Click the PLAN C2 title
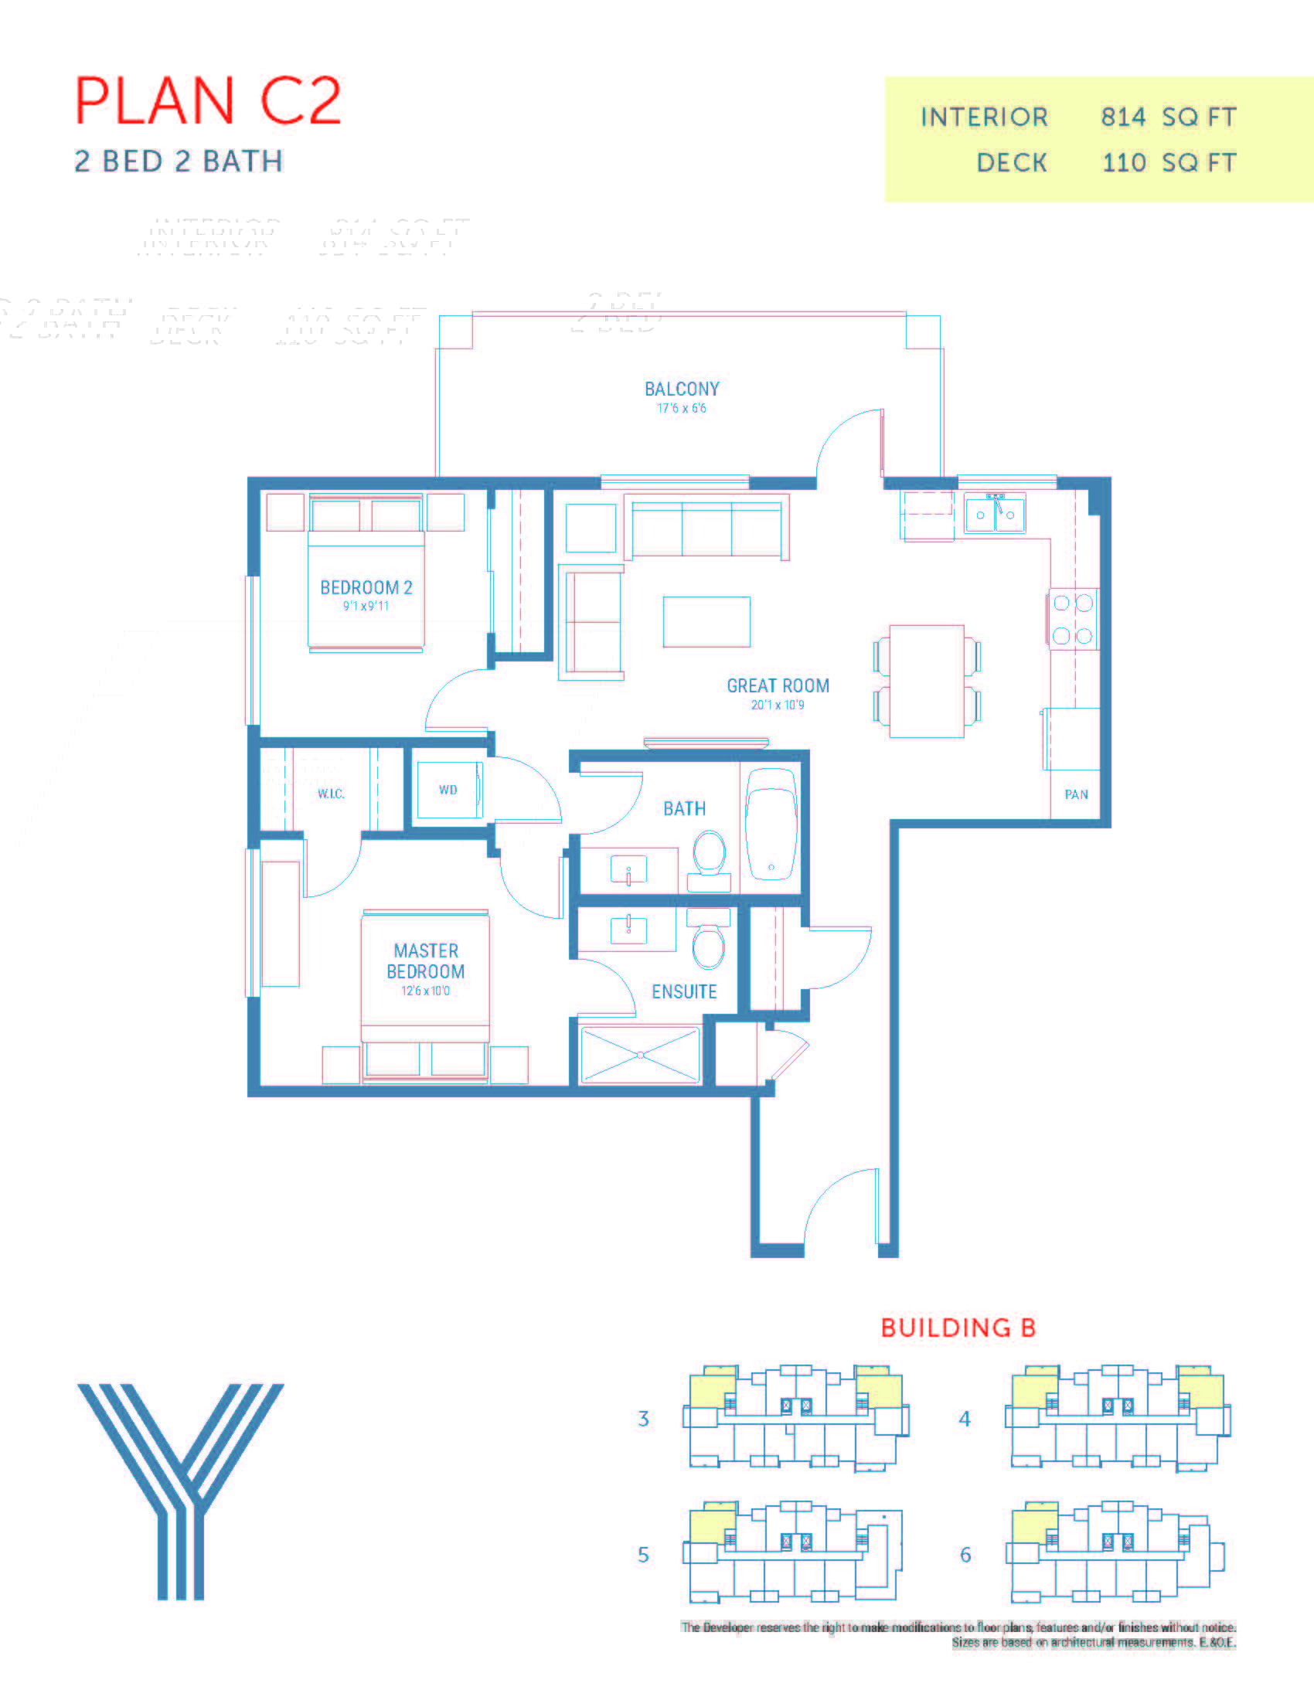click(x=208, y=100)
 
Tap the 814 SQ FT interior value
click(x=1168, y=117)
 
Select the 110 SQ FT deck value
click(x=1169, y=163)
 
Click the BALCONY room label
click(x=681, y=389)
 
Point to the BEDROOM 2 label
click(x=366, y=588)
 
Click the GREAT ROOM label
click(x=778, y=685)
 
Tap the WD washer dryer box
click(x=448, y=789)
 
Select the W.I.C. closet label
click(x=331, y=794)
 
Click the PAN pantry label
click(x=1076, y=794)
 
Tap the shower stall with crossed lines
click(x=640, y=1055)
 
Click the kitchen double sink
click(x=995, y=513)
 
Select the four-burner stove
click(x=1073, y=619)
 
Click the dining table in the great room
click(x=926, y=681)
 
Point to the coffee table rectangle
click(x=706, y=622)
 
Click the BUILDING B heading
click(x=958, y=1328)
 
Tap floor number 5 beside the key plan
click(x=643, y=1555)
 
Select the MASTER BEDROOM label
click(x=426, y=961)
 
